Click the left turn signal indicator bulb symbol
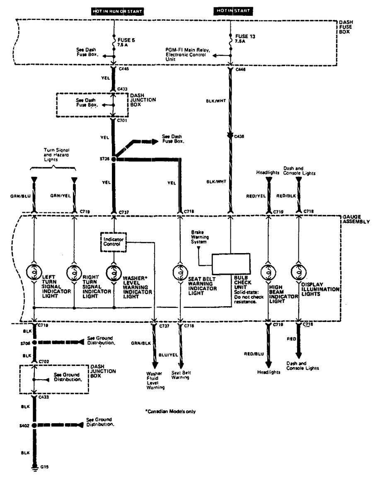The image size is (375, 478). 34,273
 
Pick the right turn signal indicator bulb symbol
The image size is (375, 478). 74,273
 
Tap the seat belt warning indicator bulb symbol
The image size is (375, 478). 180,273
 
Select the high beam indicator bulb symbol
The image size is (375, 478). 268,273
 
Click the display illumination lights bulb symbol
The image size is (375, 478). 298,273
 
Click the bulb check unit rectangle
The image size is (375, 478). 231,264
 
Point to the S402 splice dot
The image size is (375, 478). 35,425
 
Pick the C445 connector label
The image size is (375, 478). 123,70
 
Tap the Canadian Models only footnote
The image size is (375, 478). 170,411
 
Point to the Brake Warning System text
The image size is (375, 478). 199,236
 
